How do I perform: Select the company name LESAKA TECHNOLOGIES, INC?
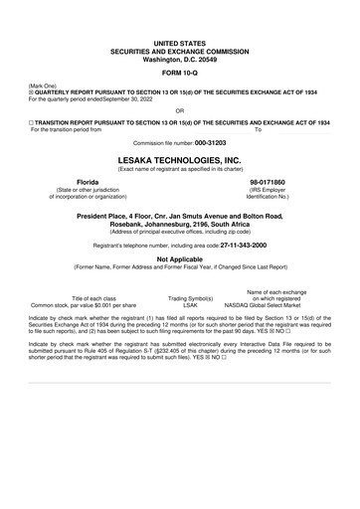[x=179, y=158]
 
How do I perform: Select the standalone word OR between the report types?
[x=179, y=110]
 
